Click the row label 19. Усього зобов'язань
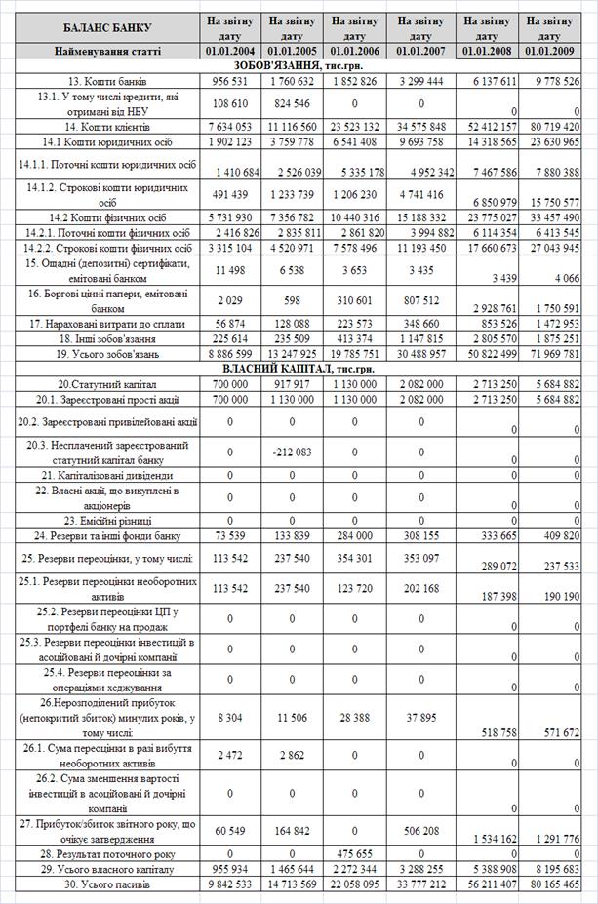click(x=101, y=353)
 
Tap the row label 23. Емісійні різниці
click(x=101, y=521)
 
